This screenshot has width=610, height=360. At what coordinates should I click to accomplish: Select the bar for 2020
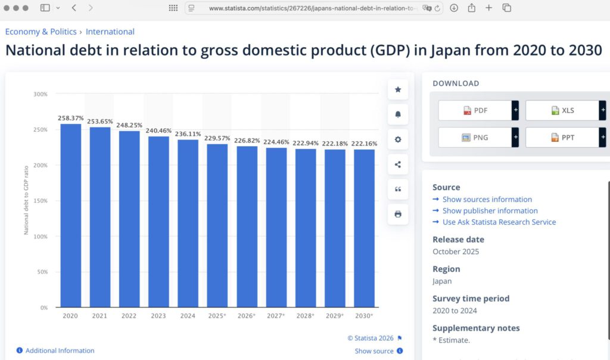tap(71, 215)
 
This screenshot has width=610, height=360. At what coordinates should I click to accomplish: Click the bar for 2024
tap(188, 223)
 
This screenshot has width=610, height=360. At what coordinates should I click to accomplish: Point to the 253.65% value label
tap(100, 121)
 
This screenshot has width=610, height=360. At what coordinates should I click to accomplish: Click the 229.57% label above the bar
tap(217, 138)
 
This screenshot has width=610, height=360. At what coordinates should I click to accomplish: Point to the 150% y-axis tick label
tap(41, 201)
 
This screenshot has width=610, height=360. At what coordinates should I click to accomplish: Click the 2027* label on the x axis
tap(276, 316)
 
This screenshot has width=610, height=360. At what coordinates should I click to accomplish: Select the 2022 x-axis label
tap(129, 316)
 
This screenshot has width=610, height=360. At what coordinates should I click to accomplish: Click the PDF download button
tap(475, 110)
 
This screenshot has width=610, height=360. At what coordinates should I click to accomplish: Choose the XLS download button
tap(562, 110)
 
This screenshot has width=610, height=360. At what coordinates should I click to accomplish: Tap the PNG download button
tap(475, 137)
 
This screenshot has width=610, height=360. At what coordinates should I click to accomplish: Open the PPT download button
tap(562, 137)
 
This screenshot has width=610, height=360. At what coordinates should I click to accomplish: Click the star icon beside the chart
tap(398, 89)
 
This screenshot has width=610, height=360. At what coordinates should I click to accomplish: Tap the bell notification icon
tap(398, 114)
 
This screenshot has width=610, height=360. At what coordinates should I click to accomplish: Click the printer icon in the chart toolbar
tap(398, 214)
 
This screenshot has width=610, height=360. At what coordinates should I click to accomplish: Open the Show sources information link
tap(487, 200)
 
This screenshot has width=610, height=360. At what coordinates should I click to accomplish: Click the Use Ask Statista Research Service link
tap(499, 222)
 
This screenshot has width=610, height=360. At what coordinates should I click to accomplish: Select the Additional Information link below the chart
tap(60, 350)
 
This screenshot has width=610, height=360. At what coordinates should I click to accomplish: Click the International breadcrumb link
tap(110, 32)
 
